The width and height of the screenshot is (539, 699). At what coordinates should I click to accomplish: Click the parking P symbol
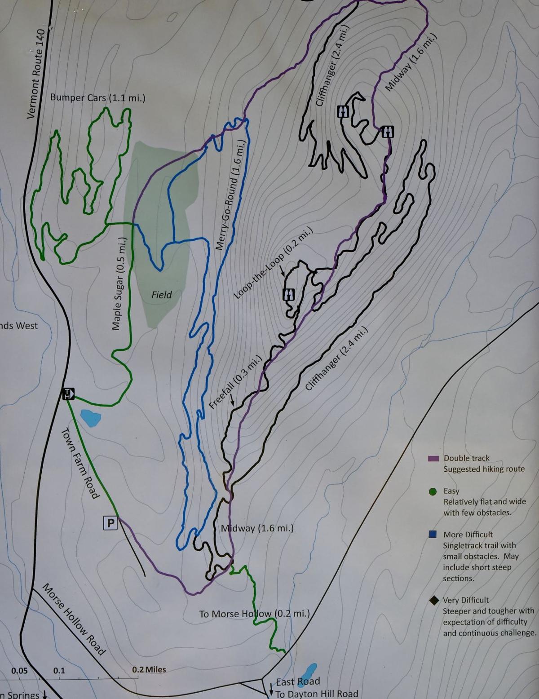[x=110, y=522]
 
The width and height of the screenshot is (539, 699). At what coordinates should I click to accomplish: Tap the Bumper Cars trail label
[x=97, y=97]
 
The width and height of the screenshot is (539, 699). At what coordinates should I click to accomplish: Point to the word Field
[x=161, y=295]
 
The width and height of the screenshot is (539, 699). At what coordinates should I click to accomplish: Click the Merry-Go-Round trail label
[x=230, y=194]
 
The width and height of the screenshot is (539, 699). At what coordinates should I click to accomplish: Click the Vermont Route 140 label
[x=36, y=74]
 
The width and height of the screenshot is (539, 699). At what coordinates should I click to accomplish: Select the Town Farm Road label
[x=80, y=463]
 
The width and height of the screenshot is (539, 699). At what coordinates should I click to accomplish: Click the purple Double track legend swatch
[x=433, y=459]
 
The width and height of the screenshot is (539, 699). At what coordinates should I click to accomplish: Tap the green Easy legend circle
[x=433, y=491]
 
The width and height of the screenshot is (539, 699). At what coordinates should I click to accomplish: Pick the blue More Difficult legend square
[x=433, y=535]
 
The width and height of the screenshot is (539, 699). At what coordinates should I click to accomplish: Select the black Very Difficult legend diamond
[x=433, y=600]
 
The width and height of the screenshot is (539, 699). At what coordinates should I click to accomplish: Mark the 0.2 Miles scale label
[x=149, y=669]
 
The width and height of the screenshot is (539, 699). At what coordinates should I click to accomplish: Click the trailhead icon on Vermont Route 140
[x=68, y=394]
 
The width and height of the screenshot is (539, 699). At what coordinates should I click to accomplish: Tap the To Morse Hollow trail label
[x=254, y=614]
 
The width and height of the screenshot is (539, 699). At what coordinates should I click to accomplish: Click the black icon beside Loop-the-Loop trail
[x=288, y=294]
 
